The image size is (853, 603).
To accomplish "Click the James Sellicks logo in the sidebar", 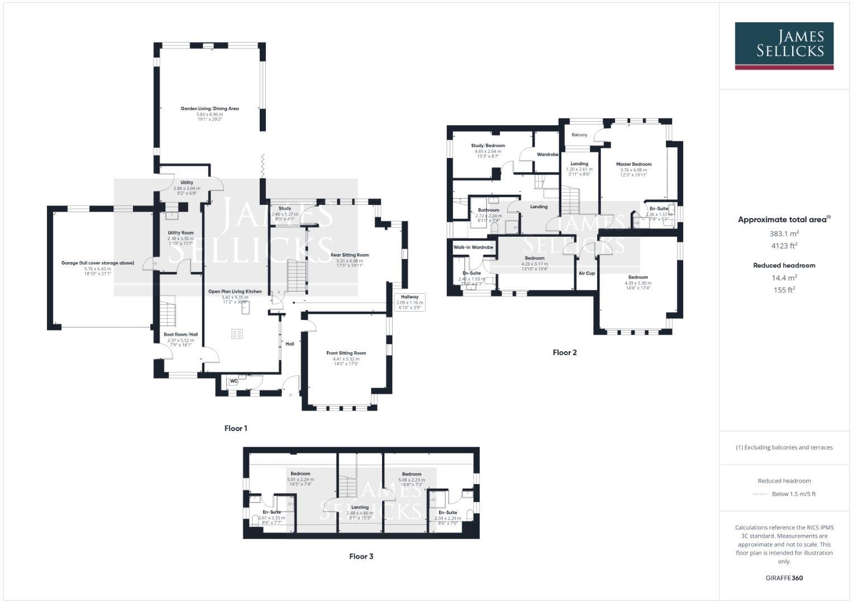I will coord(784,46).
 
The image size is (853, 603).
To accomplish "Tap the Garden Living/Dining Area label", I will coord(209,108).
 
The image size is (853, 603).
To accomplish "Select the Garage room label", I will coord(98,262).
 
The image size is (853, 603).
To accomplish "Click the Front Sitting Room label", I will coord(346,353).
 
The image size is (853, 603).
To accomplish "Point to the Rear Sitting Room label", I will coord(350,255).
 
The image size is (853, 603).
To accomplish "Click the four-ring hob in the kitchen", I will coord(237,334).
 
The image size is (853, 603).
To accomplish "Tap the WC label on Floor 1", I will coord(234,381).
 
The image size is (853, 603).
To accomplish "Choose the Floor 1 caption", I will coord(236,428).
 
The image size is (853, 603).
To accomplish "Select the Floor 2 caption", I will coord(564,352).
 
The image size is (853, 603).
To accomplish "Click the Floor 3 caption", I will coord(361,556).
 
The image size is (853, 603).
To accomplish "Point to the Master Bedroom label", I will coord(633,164).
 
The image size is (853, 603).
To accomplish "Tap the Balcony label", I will coord(579,135).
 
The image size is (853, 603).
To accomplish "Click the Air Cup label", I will coord(587,273).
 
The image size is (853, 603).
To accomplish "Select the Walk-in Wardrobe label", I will coord(473,247).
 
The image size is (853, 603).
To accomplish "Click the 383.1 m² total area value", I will coord(784,233).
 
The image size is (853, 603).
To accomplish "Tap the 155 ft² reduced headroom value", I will coord(784,290).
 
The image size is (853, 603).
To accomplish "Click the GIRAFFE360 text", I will coord(784,578).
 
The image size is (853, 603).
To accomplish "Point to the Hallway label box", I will coord(410,301).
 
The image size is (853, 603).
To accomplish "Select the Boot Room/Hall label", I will coord(180,334).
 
